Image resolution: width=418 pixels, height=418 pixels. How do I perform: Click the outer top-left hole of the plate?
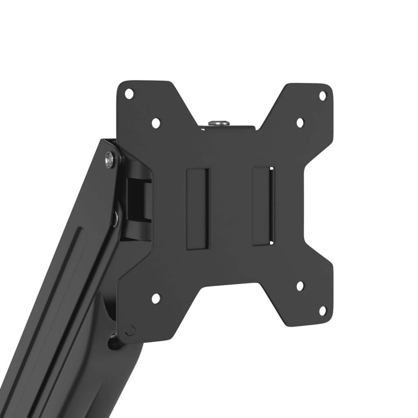click(129, 93)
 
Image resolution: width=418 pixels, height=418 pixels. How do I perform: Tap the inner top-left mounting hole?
click(156, 122)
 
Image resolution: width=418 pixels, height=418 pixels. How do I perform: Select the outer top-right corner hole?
click(322, 96)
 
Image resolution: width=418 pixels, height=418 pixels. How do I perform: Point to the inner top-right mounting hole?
click(300, 122)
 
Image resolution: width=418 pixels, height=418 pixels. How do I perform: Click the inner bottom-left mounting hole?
click(156, 298)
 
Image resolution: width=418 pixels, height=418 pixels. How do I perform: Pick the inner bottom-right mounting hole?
click(300, 286)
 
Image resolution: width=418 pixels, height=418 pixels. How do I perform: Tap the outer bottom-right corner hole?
click(322, 311)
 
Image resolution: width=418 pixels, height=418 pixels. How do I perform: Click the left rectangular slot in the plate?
click(198, 209)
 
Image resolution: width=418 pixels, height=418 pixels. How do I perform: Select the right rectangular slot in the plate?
click(263, 206)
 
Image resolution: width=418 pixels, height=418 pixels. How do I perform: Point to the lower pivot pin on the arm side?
click(116, 218)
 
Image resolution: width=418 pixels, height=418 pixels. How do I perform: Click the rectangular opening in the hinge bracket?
click(138, 200)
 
